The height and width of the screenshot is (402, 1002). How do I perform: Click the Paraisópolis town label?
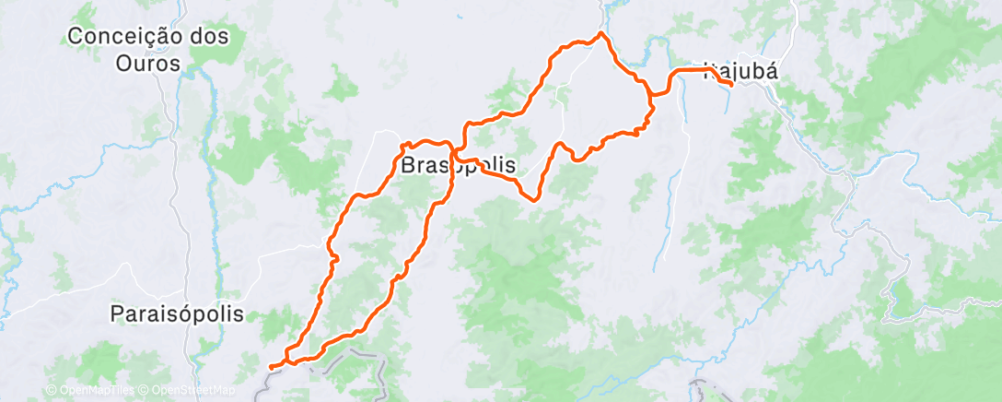[x=177, y=313]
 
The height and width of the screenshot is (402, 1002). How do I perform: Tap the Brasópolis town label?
[x=458, y=166]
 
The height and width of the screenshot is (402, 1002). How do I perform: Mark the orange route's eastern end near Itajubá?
[x=731, y=84]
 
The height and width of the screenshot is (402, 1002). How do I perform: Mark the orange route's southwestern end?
[x=270, y=367]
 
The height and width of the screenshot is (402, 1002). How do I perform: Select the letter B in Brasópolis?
[x=407, y=166]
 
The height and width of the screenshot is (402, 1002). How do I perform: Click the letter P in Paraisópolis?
[x=116, y=313]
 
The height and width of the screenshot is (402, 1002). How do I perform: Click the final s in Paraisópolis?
[x=239, y=313]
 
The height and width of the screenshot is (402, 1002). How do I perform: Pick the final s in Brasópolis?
[x=509, y=166]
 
